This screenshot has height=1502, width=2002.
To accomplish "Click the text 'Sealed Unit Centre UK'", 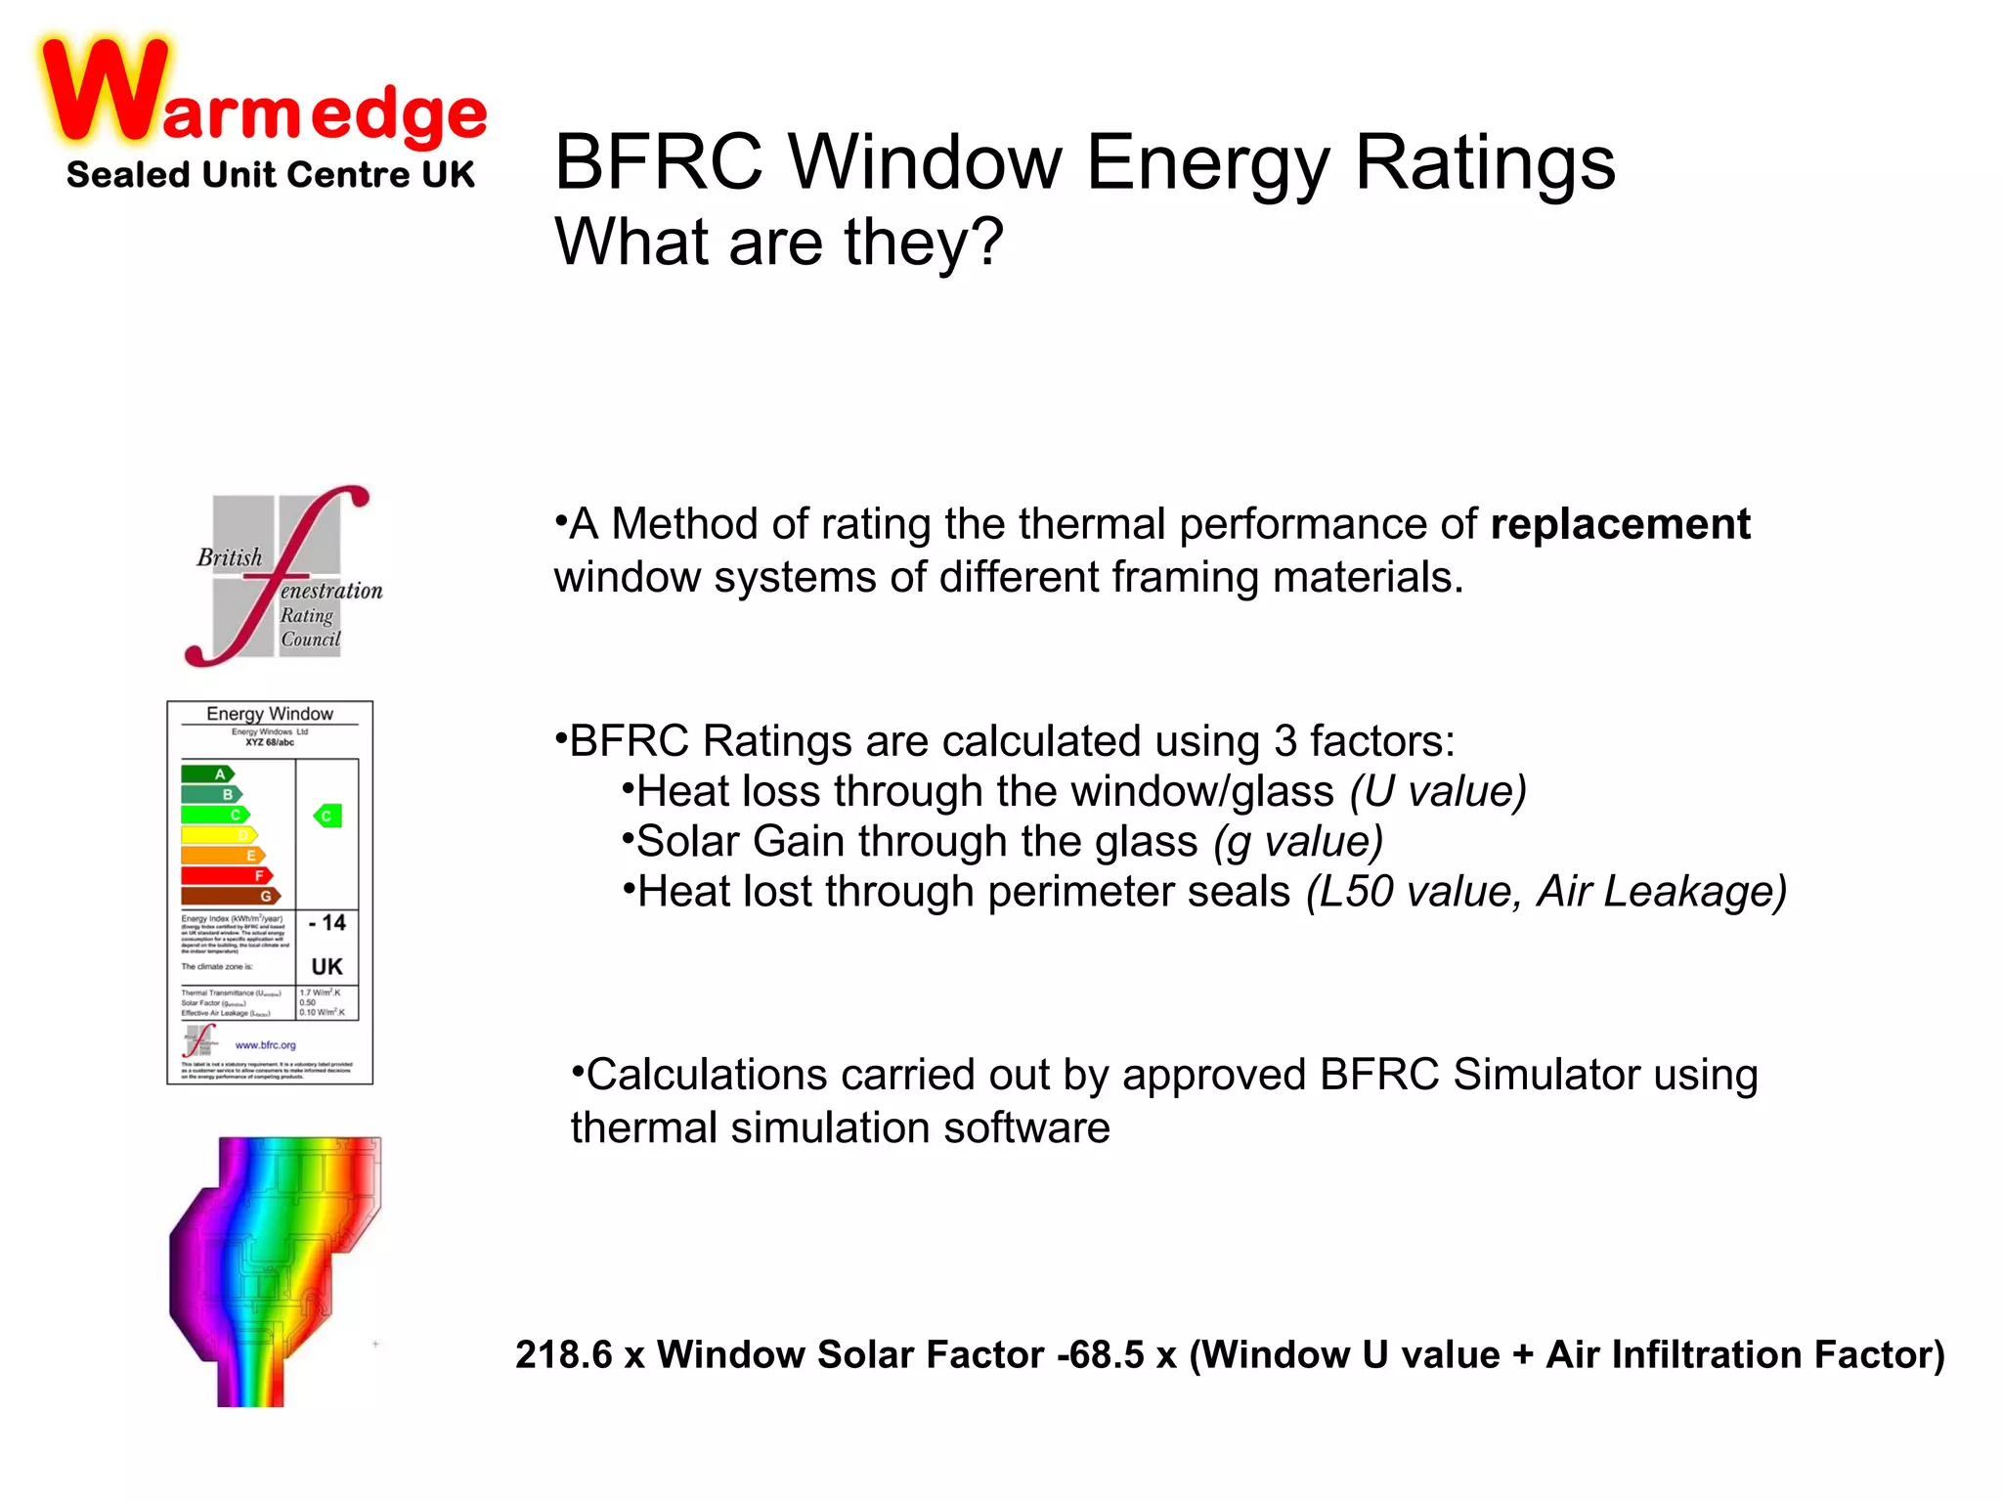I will tap(270, 175).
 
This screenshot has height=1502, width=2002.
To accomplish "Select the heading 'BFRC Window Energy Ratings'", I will tap(1084, 162).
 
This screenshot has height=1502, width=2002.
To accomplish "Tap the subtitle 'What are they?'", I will tap(778, 243).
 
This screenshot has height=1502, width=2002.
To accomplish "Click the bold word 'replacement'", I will tap(1620, 524).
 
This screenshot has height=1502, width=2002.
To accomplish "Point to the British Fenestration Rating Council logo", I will tap(283, 576).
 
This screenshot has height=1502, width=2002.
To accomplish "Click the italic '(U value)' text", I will tap(1438, 791).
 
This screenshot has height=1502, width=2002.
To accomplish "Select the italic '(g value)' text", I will tap(1298, 842).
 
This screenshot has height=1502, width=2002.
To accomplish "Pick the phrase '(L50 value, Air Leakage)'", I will tap(1546, 892).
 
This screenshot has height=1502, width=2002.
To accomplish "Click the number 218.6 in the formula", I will tap(564, 1355).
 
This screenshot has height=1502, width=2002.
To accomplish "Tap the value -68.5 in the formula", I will tap(1101, 1355).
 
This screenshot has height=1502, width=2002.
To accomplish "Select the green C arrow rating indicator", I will tap(327, 816).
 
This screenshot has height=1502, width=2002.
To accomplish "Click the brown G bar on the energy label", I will tap(231, 896).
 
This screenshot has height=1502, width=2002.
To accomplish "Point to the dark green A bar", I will tap(207, 773).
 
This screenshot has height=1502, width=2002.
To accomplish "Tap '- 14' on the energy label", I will tap(327, 923).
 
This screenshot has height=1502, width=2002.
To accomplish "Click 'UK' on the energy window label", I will tap(326, 967).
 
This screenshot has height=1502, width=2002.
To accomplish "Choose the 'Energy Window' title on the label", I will tap(270, 714).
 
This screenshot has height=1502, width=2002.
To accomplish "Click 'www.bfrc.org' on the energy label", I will tap(265, 1045).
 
